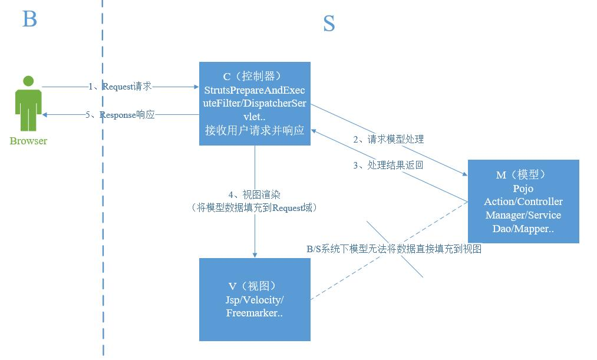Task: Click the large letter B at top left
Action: [29, 19]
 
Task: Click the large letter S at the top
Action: [329, 24]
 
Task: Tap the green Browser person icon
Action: [28, 103]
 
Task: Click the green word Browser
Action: [28, 141]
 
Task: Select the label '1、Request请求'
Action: [120, 87]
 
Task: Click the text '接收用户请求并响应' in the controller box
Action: [255, 130]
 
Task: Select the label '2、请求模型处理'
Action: [388, 140]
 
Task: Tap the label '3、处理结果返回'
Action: [388, 166]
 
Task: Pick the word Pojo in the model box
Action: [523, 189]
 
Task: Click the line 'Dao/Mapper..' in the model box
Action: [523, 229]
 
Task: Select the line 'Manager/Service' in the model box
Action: [523, 215]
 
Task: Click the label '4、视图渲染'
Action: [255, 195]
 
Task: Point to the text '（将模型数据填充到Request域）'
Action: [255, 207]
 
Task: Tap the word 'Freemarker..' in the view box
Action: [255, 313]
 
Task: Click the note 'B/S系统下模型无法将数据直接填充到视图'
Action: [394, 249]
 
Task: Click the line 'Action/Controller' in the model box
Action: [523, 202]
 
